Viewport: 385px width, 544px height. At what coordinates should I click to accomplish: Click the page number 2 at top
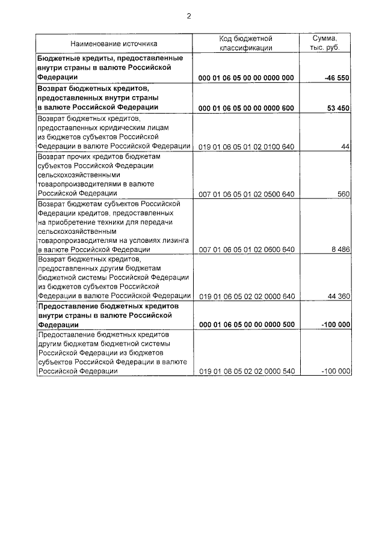tap(189, 16)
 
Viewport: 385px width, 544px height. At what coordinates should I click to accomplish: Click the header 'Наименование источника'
tap(114, 43)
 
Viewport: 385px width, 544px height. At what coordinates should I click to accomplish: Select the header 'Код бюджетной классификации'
tap(246, 43)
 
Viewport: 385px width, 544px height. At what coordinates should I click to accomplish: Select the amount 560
tap(343, 194)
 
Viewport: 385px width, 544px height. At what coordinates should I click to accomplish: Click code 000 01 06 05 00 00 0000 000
tap(246, 78)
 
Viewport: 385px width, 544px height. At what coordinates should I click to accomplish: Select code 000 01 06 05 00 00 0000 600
tap(246, 108)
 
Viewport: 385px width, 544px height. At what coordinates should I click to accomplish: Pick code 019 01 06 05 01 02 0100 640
tap(246, 147)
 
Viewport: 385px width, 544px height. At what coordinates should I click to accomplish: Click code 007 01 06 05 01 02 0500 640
tap(246, 194)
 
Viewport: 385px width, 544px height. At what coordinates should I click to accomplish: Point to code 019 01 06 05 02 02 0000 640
tap(246, 296)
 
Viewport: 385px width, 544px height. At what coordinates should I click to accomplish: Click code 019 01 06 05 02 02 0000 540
tap(246, 372)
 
